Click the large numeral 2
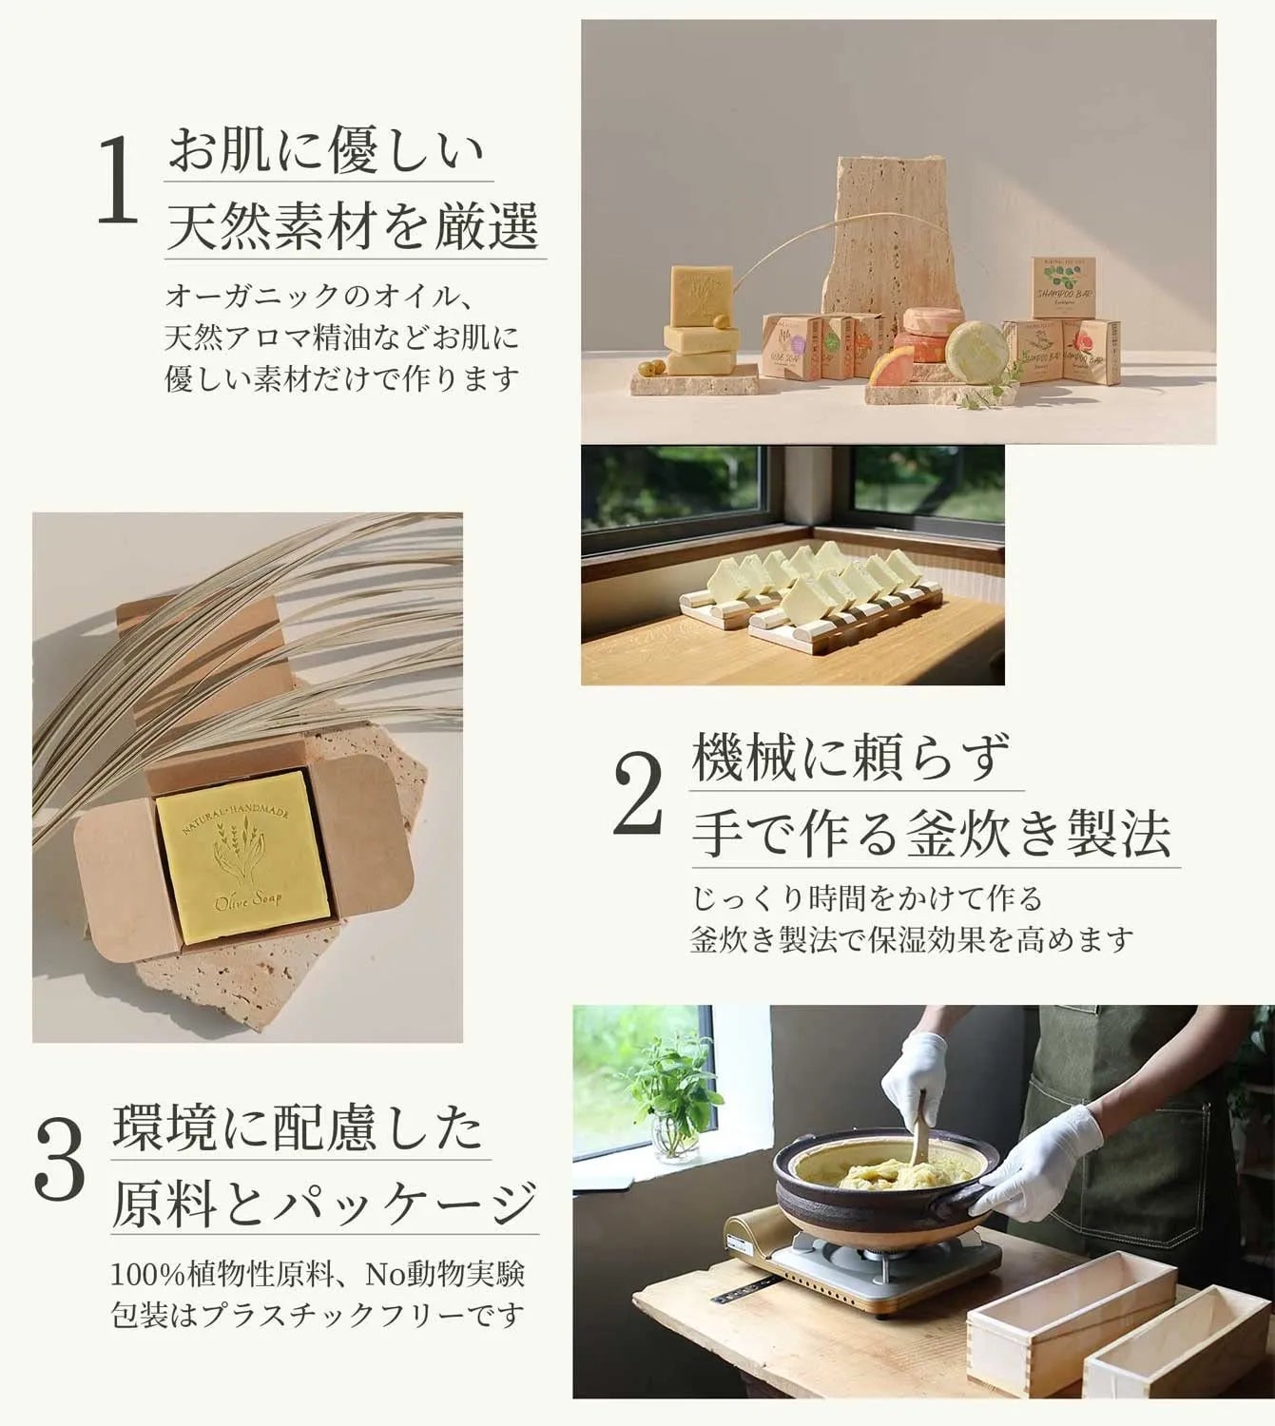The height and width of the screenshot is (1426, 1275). click(638, 793)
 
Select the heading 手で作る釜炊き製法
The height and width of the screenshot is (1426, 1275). click(931, 834)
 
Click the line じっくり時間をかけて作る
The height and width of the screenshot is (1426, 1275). click(866, 897)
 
